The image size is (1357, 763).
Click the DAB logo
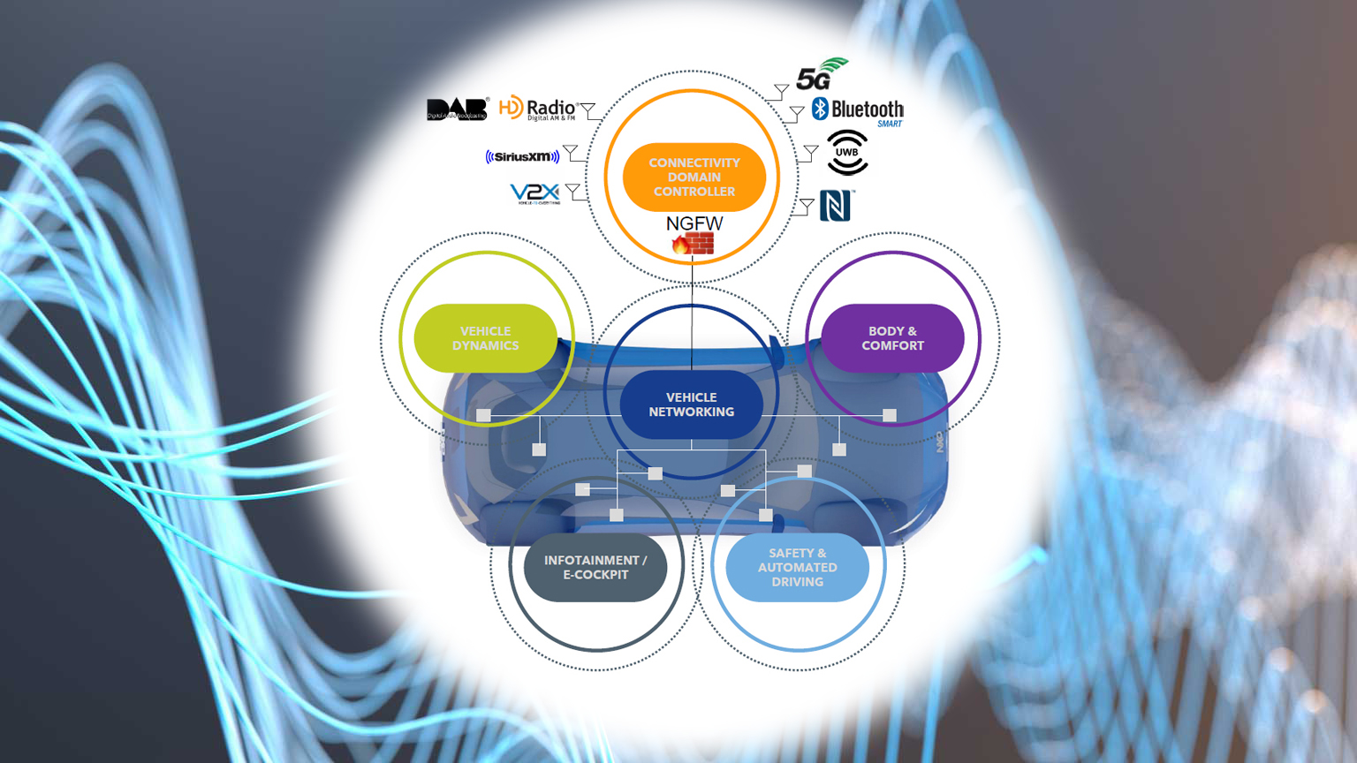(457, 110)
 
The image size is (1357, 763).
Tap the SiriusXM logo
(522, 156)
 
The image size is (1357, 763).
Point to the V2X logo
(535, 193)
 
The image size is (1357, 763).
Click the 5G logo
(821, 76)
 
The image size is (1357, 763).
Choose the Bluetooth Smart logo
(858, 111)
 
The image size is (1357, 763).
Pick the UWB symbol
(847, 153)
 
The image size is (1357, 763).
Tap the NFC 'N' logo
(835, 206)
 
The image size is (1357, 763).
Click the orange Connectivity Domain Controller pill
(694, 177)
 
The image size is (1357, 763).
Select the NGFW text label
(694, 223)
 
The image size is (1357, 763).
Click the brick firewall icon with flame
(694, 244)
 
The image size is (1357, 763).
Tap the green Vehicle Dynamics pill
(485, 338)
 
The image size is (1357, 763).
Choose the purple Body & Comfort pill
(892, 338)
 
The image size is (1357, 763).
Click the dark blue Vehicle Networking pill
(691, 404)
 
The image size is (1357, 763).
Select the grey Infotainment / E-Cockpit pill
(595, 567)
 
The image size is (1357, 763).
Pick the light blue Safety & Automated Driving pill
(797, 567)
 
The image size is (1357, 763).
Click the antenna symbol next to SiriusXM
(571, 152)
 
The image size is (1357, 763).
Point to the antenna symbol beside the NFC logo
(806, 207)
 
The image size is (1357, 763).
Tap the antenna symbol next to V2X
(573, 190)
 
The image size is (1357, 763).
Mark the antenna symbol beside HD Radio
(588, 110)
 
